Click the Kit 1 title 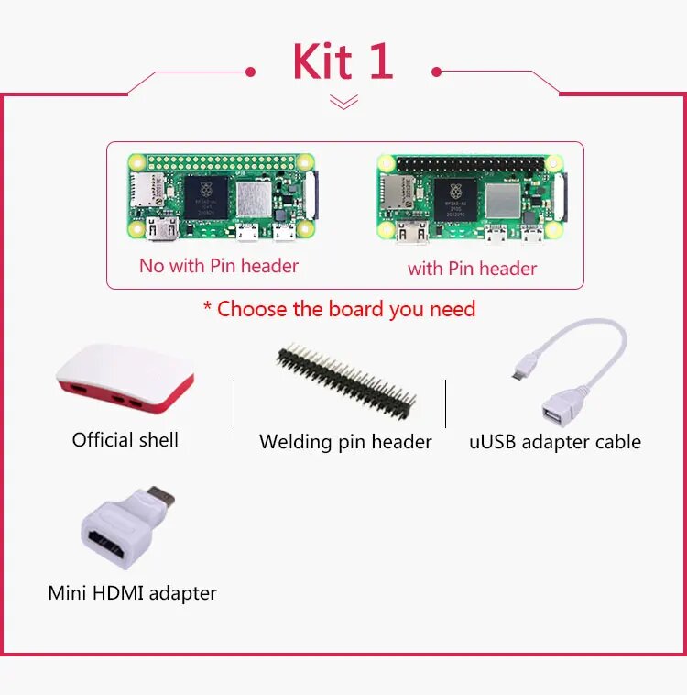(343, 61)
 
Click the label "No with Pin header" (219, 266)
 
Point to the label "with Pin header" (472, 269)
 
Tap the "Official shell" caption (125, 440)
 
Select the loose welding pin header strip (347, 377)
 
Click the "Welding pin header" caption (345, 442)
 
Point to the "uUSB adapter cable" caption (555, 442)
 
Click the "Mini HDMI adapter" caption (132, 593)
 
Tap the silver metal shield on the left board (256, 198)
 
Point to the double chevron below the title (343, 102)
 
